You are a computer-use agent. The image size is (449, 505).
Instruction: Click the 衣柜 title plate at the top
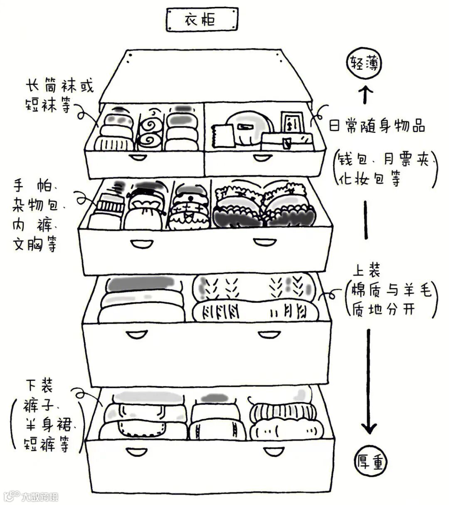[x=202, y=19]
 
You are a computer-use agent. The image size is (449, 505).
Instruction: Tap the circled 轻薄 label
[x=364, y=65]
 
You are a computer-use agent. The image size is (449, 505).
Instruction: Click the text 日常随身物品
[x=377, y=126]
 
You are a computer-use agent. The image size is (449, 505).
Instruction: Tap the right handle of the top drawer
[x=262, y=157]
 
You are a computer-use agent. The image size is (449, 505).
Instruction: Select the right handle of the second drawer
[x=262, y=241]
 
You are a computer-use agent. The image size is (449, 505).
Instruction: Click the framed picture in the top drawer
[x=290, y=123]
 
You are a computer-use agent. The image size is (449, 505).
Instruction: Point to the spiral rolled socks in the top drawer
[x=149, y=132]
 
